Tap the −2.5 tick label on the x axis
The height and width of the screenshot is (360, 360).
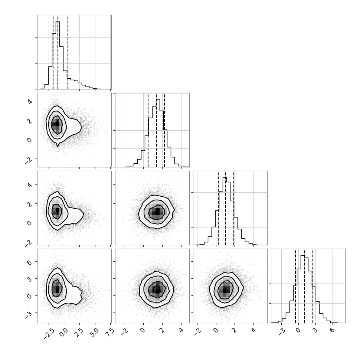tap(49, 333)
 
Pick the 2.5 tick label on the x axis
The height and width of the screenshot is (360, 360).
tap(79, 332)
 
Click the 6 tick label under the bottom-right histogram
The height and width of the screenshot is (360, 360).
tap(332, 330)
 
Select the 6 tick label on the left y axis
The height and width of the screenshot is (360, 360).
tap(29, 262)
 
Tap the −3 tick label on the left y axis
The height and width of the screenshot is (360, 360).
tap(28, 315)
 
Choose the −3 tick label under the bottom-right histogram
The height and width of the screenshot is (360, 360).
tap(281, 331)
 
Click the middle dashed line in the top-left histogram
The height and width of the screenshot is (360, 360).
tap(58, 52)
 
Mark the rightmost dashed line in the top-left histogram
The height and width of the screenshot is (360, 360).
tap(68, 52)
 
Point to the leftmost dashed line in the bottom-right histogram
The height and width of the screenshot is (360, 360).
tap(295, 286)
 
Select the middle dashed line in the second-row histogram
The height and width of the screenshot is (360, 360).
tap(157, 130)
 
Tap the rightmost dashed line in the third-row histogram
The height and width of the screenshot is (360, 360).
tap(234, 208)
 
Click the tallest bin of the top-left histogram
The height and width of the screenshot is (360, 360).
tap(58, 55)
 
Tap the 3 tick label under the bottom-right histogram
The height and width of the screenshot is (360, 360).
tap(315, 330)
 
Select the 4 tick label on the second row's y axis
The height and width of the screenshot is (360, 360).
tap(29, 101)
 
